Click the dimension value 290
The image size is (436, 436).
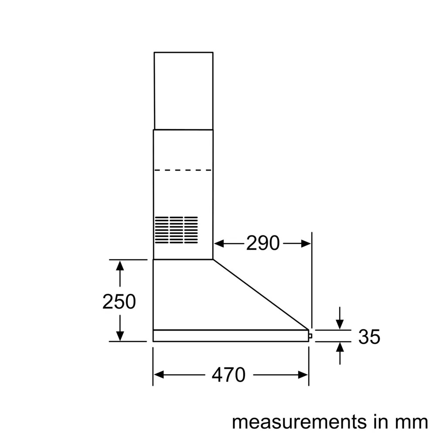click(x=262, y=243)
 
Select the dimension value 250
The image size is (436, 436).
click(x=119, y=301)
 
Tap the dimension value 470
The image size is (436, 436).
click(x=228, y=375)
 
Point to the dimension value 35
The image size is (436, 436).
click(x=369, y=337)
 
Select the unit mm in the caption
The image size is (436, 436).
click(x=412, y=422)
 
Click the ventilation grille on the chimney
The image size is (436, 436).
click(x=176, y=230)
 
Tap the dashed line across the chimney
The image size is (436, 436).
click(x=183, y=170)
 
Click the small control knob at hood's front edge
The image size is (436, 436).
click(x=310, y=336)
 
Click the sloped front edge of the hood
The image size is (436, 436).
click(x=262, y=295)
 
